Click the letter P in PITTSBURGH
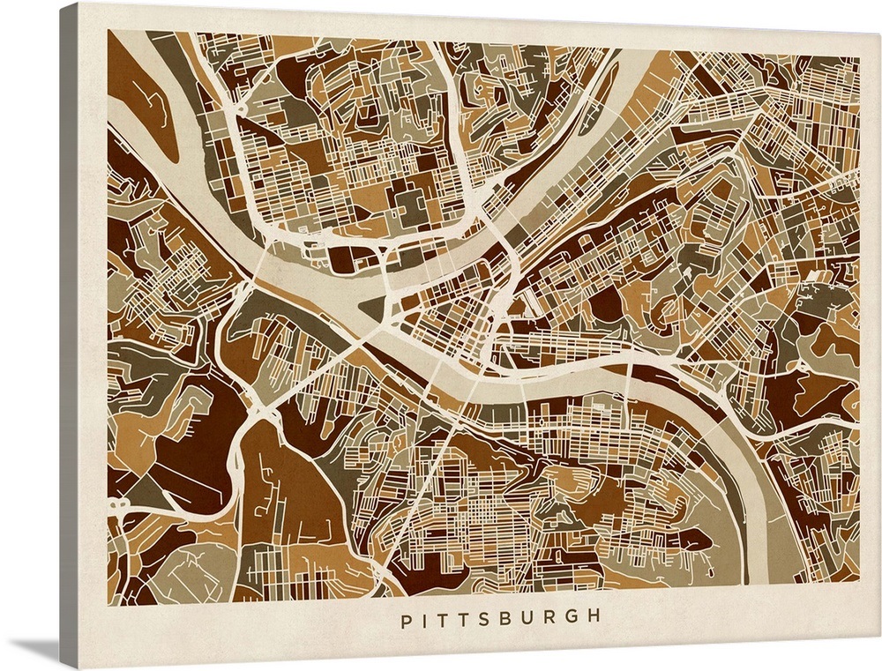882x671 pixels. tap(406, 620)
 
